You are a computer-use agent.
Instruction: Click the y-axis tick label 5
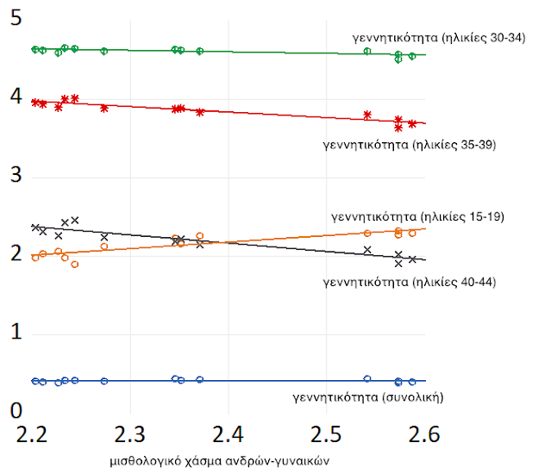14,20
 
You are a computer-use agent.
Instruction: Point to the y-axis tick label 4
14,99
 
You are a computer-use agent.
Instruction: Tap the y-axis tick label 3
14,178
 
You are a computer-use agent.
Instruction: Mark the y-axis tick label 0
14,412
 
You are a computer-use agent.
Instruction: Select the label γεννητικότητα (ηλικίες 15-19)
417,215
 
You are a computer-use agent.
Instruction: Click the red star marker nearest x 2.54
367,115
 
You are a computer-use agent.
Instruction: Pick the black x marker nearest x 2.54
367,250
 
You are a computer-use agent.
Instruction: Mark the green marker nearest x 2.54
367,52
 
